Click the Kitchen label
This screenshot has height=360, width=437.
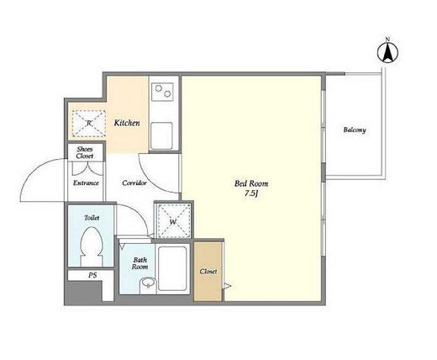coord(127,123)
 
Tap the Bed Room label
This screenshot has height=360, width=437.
coord(251,183)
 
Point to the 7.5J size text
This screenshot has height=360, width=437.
coord(251,193)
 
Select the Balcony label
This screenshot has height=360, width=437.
coord(355,130)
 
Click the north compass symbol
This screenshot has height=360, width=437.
coord(387,51)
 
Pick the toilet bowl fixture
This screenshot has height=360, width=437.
coord(92,246)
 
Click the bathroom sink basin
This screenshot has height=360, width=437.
coord(148,283)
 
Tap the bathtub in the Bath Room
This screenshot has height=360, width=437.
coord(172,268)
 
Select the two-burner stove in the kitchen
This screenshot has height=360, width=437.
coord(162,92)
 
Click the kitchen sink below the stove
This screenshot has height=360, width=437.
coord(161,135)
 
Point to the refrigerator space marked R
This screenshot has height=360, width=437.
coord(89,124)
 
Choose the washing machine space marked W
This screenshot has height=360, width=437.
coord(173,221)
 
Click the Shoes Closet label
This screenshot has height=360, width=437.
coord(85,152)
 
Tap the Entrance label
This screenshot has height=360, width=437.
coord(86,183)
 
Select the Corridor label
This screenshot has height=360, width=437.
coord(134,183)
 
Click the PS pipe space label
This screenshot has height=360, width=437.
coord(92,275)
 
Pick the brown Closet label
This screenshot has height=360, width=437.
coord(208,272)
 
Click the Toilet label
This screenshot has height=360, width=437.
coord(92,218)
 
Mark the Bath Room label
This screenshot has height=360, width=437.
coord(140,263)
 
